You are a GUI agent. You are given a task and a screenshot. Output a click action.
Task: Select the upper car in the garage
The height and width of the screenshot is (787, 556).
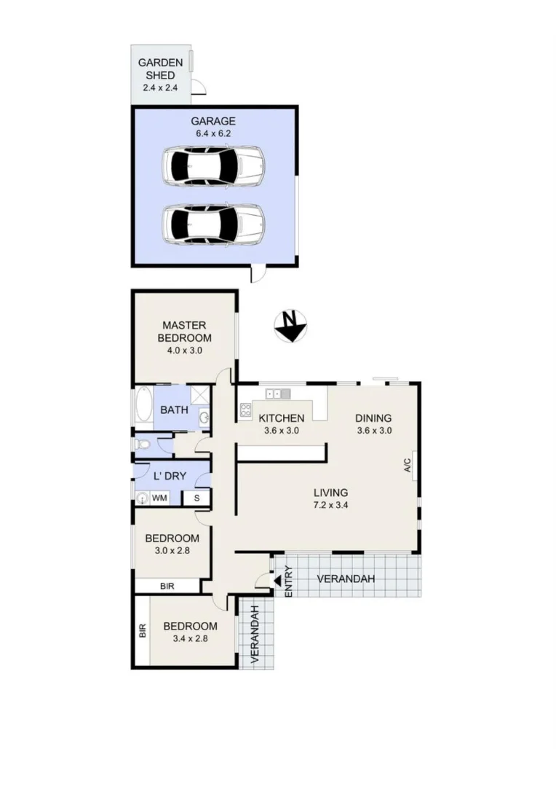(x=213, y=168)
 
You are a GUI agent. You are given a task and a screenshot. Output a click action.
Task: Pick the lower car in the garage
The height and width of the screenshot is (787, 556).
(x=213, y=224)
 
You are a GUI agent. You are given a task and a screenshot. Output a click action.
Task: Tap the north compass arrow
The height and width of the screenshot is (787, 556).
(x=290, y=326)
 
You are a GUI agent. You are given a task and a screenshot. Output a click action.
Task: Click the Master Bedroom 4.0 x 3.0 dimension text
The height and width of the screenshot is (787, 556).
(x=186, y=350)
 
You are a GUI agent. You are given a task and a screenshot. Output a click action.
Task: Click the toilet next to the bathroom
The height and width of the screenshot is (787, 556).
(x=143, y=444)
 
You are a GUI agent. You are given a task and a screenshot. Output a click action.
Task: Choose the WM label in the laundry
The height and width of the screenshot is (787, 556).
(x=159, y=498)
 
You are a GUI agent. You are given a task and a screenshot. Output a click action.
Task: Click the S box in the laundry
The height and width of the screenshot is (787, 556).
(x=196, y=498)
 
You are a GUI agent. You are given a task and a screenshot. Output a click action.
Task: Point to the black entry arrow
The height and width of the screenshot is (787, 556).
(x=277, y=580)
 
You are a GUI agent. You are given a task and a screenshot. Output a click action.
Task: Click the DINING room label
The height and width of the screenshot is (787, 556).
(x=373, y=418)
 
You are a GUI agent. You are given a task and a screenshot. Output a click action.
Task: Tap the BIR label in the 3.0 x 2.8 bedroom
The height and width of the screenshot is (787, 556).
(x=167, y=586)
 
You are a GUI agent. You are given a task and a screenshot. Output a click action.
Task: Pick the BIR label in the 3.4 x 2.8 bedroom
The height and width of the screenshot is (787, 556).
(x=142, y=630)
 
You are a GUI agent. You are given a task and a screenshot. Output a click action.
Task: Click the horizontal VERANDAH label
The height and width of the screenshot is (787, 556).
(x=346, y=579)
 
